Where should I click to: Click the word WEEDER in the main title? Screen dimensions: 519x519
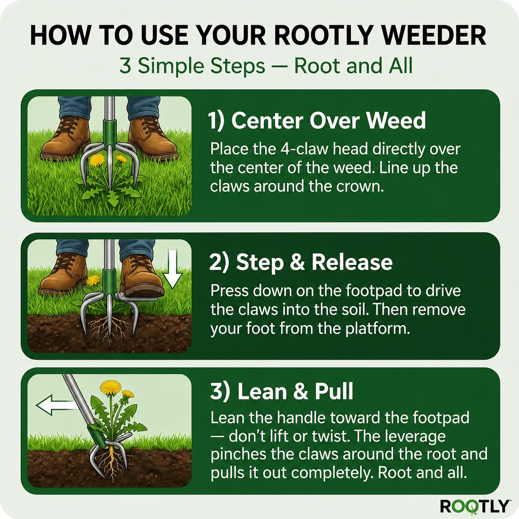coord(434,36)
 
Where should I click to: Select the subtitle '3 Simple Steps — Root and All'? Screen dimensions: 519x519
coord(266,66)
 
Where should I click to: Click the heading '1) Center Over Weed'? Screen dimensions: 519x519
coord(317,120)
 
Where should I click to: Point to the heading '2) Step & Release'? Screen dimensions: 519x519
coord(301,262)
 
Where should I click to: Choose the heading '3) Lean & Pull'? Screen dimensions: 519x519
coord(282,392)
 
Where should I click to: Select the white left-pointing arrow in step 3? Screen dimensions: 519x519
coord(56,404)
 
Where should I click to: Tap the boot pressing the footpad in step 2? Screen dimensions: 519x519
coord(141,275)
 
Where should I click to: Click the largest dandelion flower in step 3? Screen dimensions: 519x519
coord(111,387)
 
